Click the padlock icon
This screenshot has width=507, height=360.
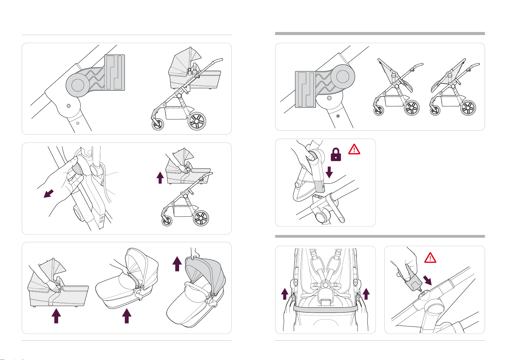[x=336, y=155]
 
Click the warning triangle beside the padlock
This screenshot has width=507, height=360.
[x=354, y=149]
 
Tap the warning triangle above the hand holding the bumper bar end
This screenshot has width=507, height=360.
[x=430, y=258]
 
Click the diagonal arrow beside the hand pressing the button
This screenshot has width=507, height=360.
[x=49, y=194]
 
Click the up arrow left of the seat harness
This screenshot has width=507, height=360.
[x=284, y=293]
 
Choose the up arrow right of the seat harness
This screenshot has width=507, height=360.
[x=366, y=293]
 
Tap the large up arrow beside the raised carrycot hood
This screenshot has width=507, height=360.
[x=177, y=263]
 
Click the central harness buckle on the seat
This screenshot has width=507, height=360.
[x=325, y=285]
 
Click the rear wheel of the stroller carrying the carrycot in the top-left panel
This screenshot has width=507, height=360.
[x=197, y=121]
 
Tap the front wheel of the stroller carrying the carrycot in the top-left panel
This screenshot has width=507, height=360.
[x=158, y=124]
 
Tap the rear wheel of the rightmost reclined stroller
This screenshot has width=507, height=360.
[x=468, y=108]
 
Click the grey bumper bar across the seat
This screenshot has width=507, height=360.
[x=325, y=309]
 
